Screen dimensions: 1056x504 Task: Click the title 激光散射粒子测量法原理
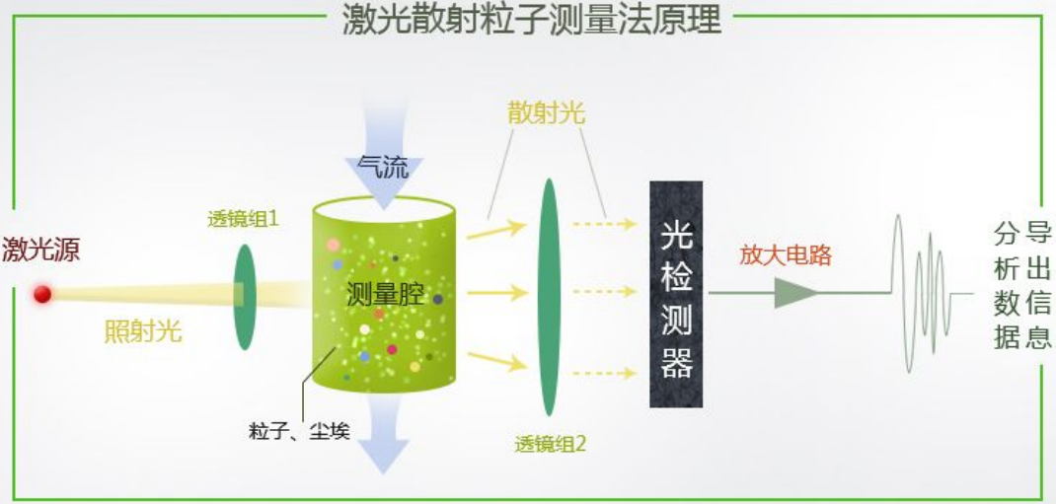click(x=531, y=19)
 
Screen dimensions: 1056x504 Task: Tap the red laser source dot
click(x=42, y=294)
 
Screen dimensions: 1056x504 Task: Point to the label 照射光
click(x=143, y=330)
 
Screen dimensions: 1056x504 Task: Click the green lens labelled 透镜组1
click(x=245, y=296)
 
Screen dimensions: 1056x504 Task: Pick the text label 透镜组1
click(x=243, y=219)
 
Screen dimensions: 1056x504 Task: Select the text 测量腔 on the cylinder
click(x=385, y=292)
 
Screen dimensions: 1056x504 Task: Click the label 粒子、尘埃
click(x=299, y=431)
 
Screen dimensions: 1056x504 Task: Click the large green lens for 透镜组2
click(x=549, y=296)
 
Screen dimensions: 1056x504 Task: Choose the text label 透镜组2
click(x=550, y=443)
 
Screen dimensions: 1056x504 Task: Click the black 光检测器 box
click(x=676, y=294)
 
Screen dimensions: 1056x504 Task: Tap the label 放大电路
click(x=787, y=254)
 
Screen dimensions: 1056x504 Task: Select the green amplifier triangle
click(x=794, y=293)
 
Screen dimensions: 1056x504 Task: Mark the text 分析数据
click(x=1006, y=286)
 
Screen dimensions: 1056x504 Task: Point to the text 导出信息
click(x=1037, y=286)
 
